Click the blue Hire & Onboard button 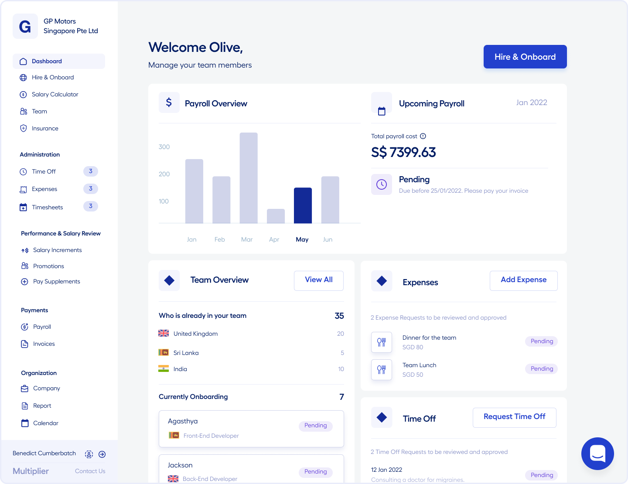click(x=525, y=57)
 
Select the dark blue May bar click(x=303, y=205)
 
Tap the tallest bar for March click(x=249, y=178)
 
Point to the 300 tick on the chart click(x=164, y=147)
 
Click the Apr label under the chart click(x=274, y=239)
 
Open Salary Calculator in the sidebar click(x=55, y=94)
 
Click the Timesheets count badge click(x=91, y=206)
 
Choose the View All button click(x=319, y=280)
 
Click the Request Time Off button click(x=515, y=417)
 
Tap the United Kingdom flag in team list click(x=164, y=333)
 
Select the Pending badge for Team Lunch click(x=542, y=369)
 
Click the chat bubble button click(x=597, y=453)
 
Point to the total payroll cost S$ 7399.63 click(x=403, y=152)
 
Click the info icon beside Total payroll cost click(x=423, y=136)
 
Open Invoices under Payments click(x=44, y=344)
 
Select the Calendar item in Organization click(x=45, y=423)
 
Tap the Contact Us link click(x=90, y=471)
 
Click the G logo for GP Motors click(x=25, y=27)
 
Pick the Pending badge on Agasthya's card click(x=316, y=426)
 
